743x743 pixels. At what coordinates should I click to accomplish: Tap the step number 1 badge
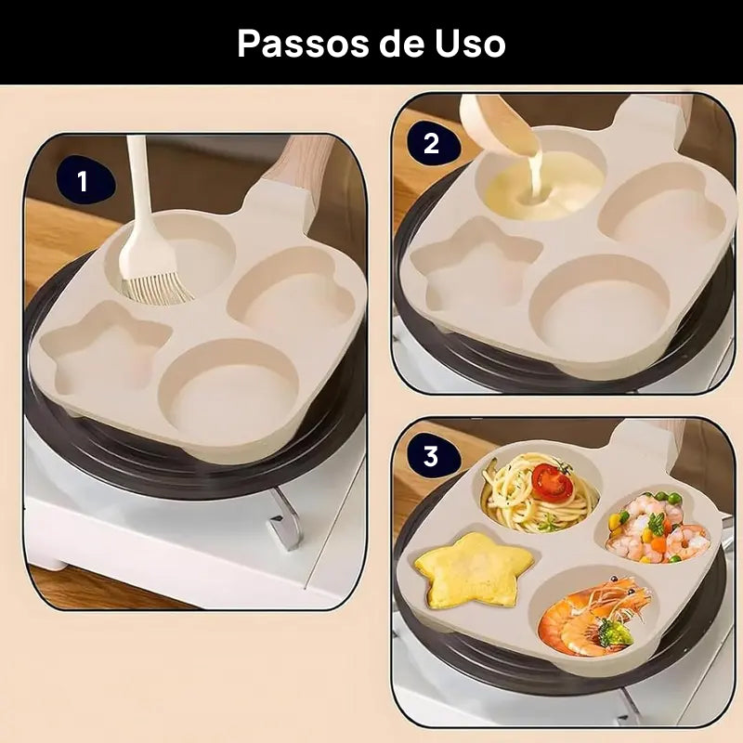click(x=83, y=181)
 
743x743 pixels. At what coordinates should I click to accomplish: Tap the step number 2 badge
click(x=431, y=144)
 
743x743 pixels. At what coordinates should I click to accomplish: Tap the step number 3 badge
click(x=431, y=456)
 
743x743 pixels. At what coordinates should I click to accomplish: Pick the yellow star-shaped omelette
click(x=475, y=568)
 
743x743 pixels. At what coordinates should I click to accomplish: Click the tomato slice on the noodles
click(x=551, y=482)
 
